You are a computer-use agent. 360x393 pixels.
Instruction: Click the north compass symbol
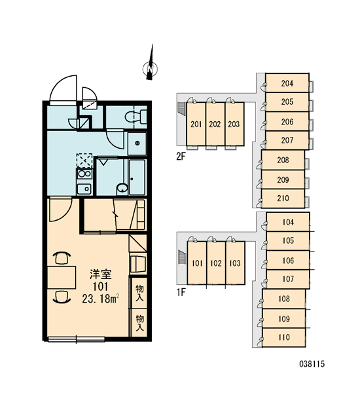[x=150, y=68]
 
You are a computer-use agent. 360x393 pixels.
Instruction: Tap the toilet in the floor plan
[x=135, y=117]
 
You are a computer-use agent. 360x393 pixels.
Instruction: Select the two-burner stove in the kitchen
[x=84, y=174]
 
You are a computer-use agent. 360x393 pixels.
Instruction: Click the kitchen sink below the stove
[x=84, y=189]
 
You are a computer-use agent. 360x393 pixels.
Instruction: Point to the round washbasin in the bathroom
[x=122, y=188]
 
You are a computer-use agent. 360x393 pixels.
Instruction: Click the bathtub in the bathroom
[x=137, y=177]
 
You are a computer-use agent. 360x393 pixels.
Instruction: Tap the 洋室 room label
[x=100, y=274]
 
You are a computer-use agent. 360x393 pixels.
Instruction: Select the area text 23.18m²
[x=101, y=299]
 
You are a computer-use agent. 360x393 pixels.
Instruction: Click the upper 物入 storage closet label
[x=140, y=293]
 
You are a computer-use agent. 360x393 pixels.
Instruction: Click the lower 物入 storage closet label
[x=140, y=323]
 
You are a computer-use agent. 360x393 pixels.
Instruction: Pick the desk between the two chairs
[x=62, y=278]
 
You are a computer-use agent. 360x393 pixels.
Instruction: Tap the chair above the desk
[x=62, y=258]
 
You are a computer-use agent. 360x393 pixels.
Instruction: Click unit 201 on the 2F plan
[x=196, y=124]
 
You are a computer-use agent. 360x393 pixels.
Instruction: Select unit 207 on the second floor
[x=287, y=140]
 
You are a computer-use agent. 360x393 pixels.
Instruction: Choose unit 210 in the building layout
[x=283, y=198]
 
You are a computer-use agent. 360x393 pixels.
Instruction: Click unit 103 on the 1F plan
[x=235, y=263]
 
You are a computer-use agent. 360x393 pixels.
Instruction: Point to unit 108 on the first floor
[x=284, y=299]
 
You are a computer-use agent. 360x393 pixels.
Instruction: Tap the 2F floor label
[x=181, y=157]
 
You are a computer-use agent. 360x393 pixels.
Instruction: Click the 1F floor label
[x=181, y=292]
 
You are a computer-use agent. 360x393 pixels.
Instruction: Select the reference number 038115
[x=312, y=364]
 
